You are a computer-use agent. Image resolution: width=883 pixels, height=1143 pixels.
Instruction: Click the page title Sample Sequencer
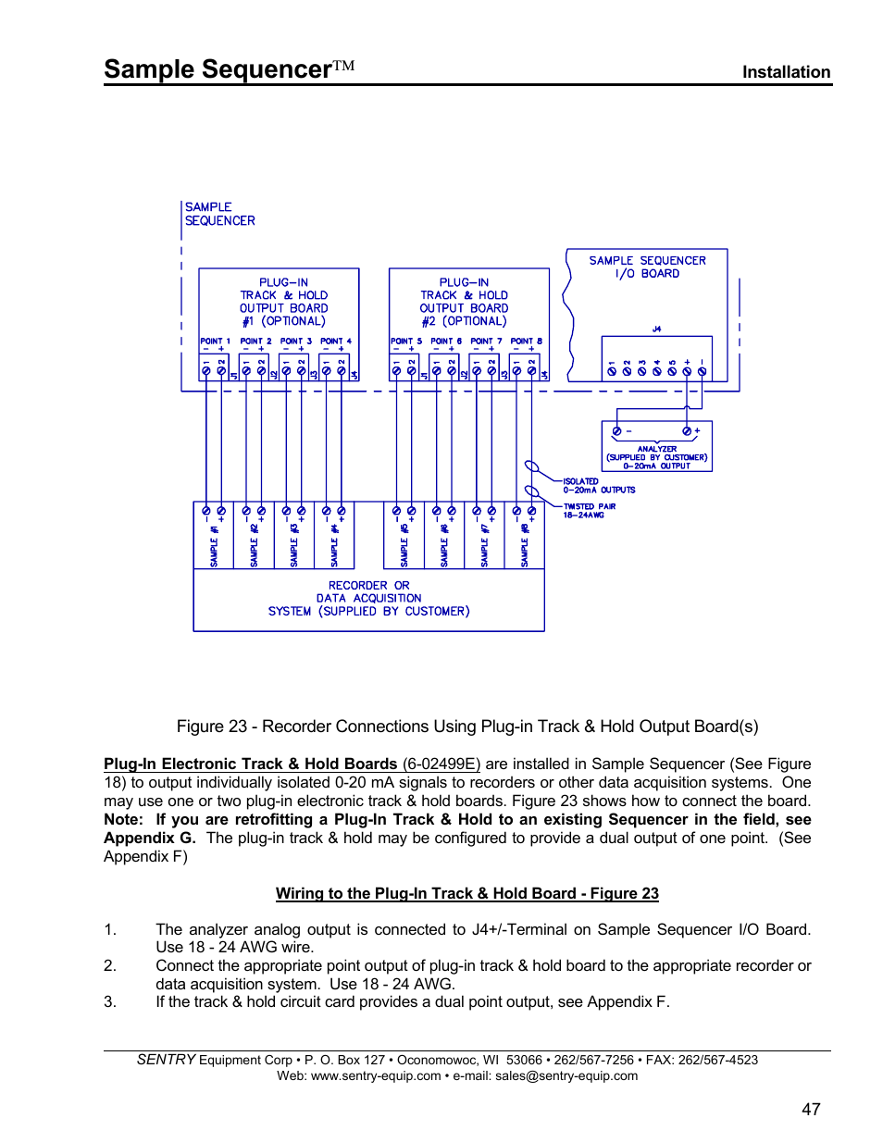(218, 69)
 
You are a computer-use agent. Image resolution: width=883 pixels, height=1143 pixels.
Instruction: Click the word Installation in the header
(786, 72)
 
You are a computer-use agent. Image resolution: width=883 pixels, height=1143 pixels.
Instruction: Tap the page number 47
(811, 1109)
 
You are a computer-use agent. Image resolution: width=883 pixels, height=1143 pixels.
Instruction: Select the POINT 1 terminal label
(215, 342)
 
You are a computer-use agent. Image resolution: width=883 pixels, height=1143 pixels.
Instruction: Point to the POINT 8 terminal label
(526, 342)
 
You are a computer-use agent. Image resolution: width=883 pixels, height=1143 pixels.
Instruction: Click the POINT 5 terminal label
(405, 342)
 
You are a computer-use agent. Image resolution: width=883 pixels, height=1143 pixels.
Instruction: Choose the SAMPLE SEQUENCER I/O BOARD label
(647, 267)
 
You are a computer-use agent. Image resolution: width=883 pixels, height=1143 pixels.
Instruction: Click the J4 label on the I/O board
(656, 329)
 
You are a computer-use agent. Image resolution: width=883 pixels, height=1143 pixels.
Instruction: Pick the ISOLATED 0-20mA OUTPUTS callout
(598, 486)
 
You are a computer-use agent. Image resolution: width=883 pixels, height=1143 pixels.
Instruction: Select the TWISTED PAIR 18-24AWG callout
(589, 511)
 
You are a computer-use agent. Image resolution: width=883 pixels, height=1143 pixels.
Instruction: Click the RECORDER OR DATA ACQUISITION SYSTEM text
(368, 599)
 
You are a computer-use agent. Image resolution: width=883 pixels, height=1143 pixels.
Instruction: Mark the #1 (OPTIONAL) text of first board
(283, 321)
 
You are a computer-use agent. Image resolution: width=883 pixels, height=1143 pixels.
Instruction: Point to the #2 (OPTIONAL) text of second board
(464, 321)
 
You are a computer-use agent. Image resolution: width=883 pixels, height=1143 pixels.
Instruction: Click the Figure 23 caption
(467, 727)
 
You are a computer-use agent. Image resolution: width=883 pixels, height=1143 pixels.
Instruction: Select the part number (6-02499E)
(441, 764)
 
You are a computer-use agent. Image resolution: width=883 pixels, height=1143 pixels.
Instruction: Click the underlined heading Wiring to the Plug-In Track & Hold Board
(466, 893)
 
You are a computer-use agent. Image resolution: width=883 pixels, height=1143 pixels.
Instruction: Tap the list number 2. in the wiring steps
(110, 965)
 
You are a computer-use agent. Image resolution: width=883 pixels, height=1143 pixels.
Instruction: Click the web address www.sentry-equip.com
(376, 1075)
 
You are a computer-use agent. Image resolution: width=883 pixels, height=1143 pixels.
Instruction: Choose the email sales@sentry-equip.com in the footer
(566, 1075)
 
